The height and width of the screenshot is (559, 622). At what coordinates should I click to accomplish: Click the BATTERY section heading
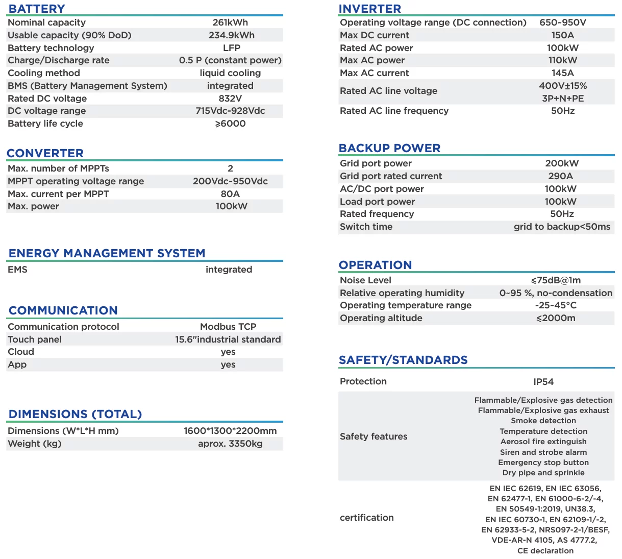tap(37, 9)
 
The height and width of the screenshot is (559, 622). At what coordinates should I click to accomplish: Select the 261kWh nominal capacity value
tap(230, 22)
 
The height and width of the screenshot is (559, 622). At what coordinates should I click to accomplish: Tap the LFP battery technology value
tap(232, 47)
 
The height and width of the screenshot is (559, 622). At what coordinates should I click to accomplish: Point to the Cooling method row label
tap(44, 73)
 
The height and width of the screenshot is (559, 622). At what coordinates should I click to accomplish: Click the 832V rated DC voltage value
tap(230, 99)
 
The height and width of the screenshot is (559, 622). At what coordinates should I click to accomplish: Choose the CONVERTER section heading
tap(45, 153)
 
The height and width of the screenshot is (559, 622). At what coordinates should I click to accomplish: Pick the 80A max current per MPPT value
tap(230, 194)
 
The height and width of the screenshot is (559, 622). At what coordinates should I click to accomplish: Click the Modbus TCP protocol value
tap(228, 327)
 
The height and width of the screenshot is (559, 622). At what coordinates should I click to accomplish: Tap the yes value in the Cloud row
tap(228, 352)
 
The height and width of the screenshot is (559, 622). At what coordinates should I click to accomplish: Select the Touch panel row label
tap(35, 339)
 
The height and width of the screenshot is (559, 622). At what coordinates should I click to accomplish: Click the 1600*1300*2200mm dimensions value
tap(230, 431)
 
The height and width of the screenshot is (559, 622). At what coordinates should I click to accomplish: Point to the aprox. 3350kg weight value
tap(230, 444)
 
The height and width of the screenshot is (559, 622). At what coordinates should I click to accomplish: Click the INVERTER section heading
tap(370, 9)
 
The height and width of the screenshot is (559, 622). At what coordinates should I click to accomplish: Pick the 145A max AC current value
tap(563, 73)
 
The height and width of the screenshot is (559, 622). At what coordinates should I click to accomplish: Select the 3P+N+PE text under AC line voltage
tap(563, 99)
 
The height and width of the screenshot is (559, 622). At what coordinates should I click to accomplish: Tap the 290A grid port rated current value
tap(561, 176)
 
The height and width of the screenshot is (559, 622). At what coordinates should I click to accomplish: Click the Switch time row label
tap(366, 227)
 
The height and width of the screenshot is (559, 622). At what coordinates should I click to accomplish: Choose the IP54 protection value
tap(543, 382)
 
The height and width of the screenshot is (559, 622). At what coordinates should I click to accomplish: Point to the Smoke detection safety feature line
tap(543, 421)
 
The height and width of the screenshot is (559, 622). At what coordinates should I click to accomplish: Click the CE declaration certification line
tap(545, 551)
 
